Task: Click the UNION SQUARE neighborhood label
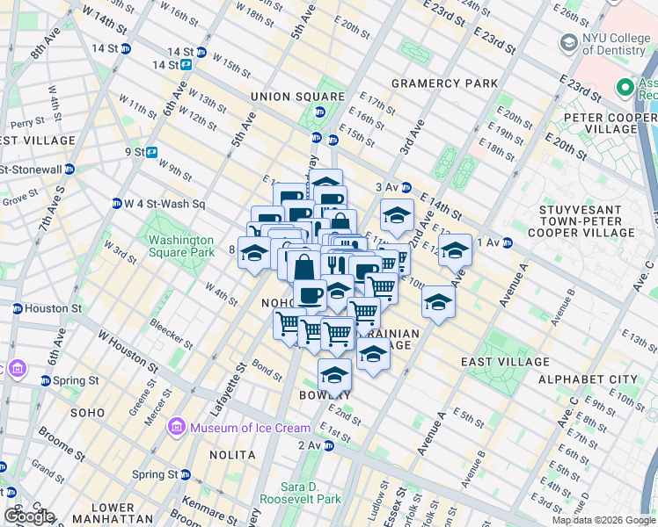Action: tap(296, 96)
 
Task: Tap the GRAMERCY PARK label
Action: tap(432, 83)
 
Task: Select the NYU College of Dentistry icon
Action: tap(568, 41)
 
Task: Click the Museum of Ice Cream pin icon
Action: tap(177, 428)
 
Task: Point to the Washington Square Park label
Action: tap(181, 246)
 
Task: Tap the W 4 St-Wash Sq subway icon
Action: tap(116, 205)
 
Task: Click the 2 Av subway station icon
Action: tap(328, 446)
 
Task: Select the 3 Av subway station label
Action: tap(387, 187)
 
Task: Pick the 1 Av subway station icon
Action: tap(508, 242)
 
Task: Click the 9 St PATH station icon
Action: tap(151, 151)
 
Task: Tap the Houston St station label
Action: tap(53, 309)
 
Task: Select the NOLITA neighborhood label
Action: tap(232, 455)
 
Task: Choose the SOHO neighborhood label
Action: tap(88, 412)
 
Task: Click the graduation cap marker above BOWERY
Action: tap(334, 374)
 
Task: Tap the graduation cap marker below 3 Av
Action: tap(397, 214)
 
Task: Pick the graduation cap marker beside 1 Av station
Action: tap(456, 249)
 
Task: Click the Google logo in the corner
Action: tap(29, 516)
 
